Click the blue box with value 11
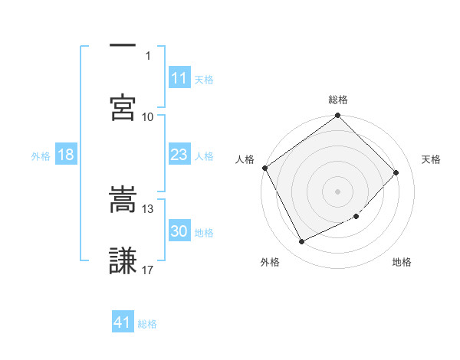click(179, 77)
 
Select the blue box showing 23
click(179, 155)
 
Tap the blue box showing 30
click(179, 231)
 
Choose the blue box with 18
click(66, 155)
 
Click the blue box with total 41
click(123, 322)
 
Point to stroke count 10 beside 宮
click(148, 116)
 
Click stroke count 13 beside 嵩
click(148, 208)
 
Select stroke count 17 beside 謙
click(148, 270)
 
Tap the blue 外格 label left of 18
click(41, 155)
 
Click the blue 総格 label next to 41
click(147, 323)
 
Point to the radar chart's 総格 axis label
click(338, 100)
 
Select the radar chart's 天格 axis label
click(432, 159)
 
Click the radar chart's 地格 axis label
click(402, 263)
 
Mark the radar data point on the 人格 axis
click(265, 168)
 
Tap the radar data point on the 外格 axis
click(301, 242)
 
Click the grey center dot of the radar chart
click(338, 191)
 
